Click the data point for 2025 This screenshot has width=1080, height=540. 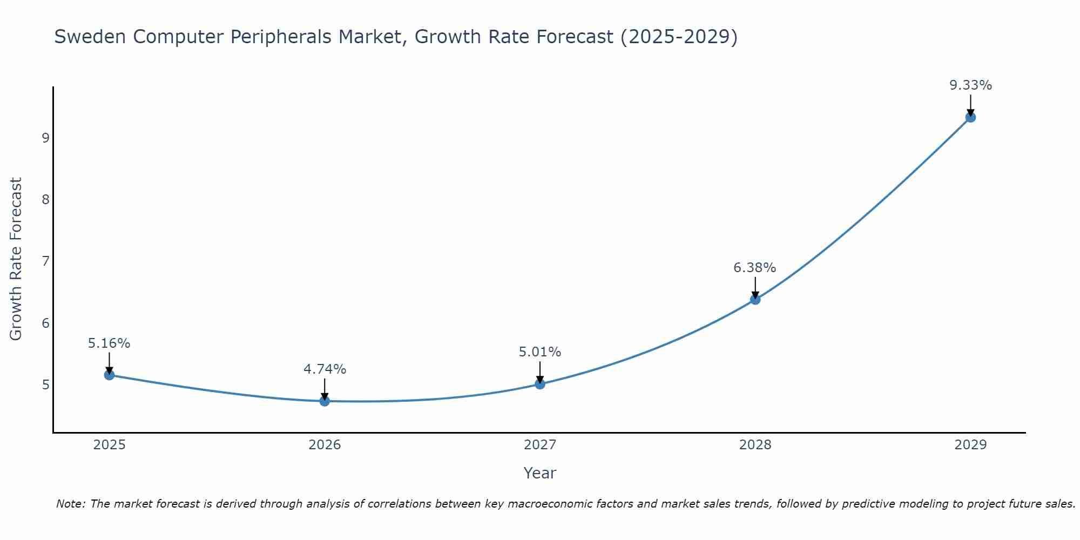109,375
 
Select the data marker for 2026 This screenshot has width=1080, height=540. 325,401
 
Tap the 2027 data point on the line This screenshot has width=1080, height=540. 540,384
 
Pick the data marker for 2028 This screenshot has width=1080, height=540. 755,299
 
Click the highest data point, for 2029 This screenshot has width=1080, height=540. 970,117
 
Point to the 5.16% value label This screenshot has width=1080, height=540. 109,343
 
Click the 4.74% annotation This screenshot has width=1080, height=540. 325,369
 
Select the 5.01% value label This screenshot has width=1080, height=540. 540,352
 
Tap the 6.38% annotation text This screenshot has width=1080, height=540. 755,267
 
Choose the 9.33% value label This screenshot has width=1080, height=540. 970,85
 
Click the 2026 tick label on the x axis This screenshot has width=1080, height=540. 325,445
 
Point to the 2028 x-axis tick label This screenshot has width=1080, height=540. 755,445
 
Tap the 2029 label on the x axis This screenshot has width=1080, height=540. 970,445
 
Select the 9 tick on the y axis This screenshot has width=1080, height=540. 45,138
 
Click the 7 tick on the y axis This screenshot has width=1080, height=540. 45,261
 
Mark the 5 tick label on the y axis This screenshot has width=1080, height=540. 45,385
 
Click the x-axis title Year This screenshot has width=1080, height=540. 539,473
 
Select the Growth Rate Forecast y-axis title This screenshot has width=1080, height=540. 16,259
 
